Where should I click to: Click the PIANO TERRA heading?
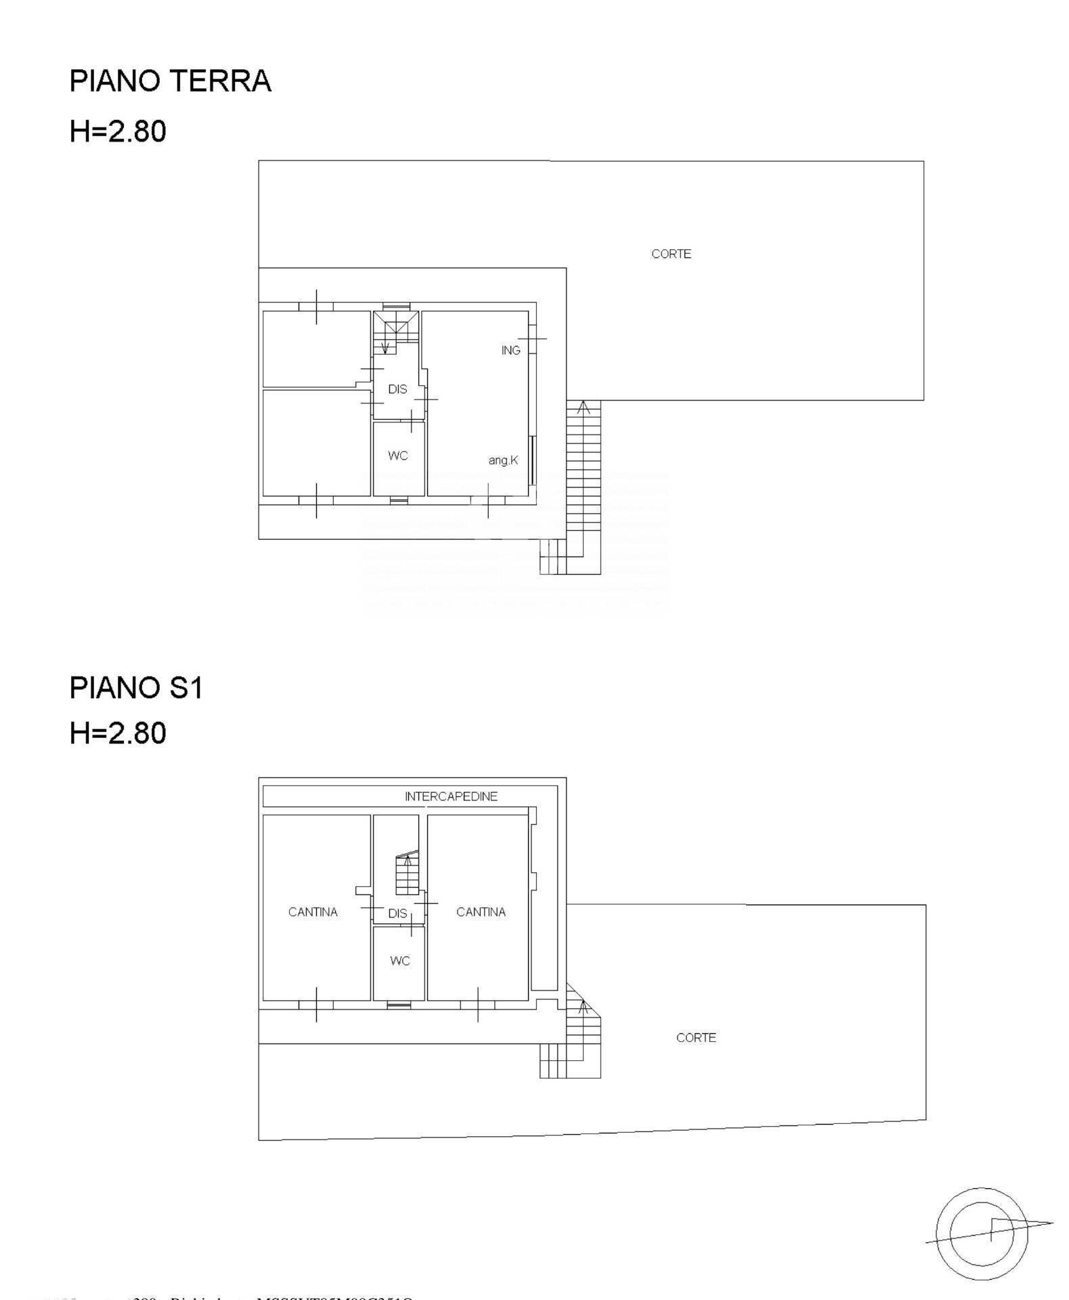[x=170, y=81]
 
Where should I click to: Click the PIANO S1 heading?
[x=136, y=688]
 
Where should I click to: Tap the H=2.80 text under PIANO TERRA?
[x=118, y=131]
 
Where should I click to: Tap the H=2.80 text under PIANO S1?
[x=118, y=733]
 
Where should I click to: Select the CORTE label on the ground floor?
[x=671, y=254]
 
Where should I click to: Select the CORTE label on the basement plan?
[x=695, y=1037]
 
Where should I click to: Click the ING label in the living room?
[x=510, y=350]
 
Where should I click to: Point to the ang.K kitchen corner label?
[x=503, y=460]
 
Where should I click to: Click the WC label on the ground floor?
[x=398, y=456]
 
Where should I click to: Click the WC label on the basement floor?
[x=399, y=961]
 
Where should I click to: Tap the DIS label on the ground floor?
[x=397, y=389]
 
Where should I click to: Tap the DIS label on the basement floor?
[x=397, y=913]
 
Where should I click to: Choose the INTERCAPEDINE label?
[x=451, y=796]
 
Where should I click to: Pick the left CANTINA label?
[x=313, y=912]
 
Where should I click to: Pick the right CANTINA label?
[x=481, y=912]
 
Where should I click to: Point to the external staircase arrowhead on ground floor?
[x=584, y=407]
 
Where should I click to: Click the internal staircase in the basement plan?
[x=407, y=873]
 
